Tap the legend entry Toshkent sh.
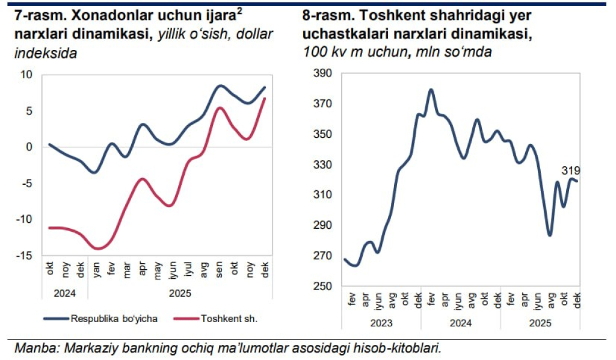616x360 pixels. tap(229, 318)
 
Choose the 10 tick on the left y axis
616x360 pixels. tap(26, 74)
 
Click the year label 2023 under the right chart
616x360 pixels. tap(381, 323)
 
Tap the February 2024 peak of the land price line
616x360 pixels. tap(431, 90)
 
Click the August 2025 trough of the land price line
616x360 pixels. tap(550, 235)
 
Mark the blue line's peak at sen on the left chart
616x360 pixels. tap(220, 85)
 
